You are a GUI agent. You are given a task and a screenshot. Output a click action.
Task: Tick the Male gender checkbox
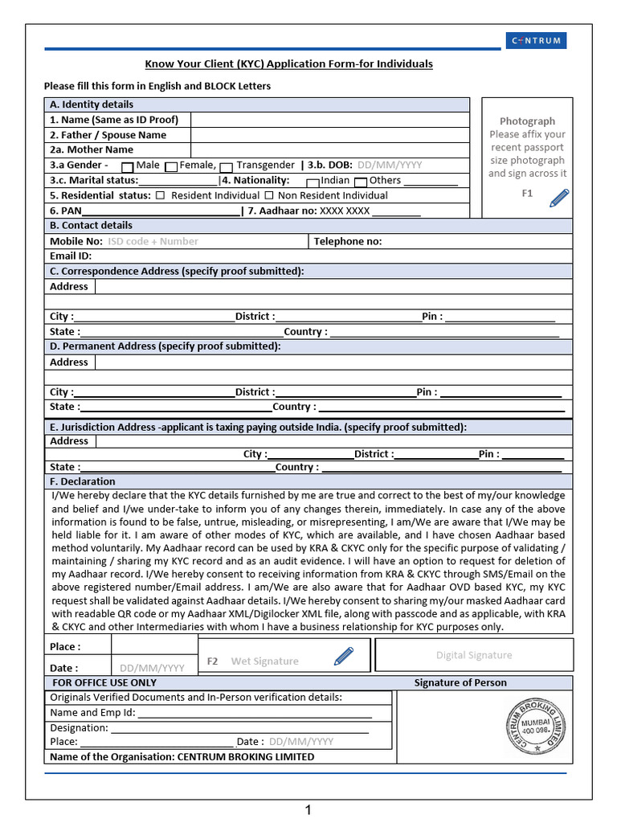pyautogui.click(x=127, y=166)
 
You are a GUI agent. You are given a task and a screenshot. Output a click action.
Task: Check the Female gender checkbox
pyautogui.click(x=170, y=166)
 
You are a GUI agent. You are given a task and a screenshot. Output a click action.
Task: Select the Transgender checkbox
pyautogui.click(x=227, y=166)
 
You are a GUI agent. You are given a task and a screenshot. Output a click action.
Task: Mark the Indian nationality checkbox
pyautogui.click(x=313, y=182)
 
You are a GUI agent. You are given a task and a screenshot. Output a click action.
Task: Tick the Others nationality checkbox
pyautogui.click(x=361, y=182)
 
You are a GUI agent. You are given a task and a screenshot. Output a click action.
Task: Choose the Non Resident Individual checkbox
pyautogui.click(x=269, y=195)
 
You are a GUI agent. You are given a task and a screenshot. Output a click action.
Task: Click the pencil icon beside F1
pyautogui.click(x=558, y=198)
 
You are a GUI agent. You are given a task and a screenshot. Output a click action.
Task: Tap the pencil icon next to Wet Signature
pyautogui.click(x=343, y=657)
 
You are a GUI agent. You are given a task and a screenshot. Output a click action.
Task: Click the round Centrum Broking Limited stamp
pyautogui.click(x=533, y=726)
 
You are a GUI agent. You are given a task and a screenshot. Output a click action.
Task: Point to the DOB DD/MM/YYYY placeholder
pyautogui.click(x=389, y=165)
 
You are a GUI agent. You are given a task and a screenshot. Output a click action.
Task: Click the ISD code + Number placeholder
pyautogui.click(x=153, y=241)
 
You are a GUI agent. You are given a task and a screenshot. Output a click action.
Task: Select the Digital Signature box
pyautogui.click(x=474, y=655)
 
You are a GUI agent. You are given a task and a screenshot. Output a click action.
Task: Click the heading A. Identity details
pyautogui.click(x=92, y=104)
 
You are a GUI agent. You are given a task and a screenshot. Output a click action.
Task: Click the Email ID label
pyautogui.click(x=71, y=256)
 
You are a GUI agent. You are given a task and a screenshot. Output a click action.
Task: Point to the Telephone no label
pyautogui.click(x=347, y=241)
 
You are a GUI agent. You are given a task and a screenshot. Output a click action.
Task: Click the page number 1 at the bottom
pyautogui.click(x=308, y=810)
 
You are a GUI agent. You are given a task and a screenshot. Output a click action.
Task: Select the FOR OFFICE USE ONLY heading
pyautogui.click(x=104, y=682)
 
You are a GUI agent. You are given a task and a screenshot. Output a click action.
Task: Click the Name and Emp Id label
pyautogui.click(x=92, y=712)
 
